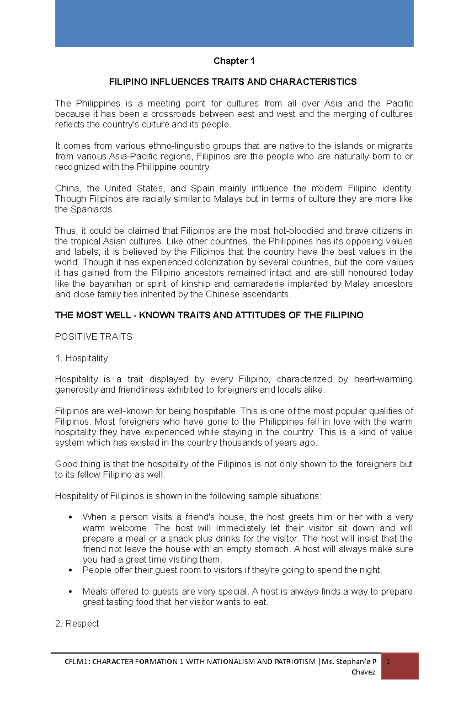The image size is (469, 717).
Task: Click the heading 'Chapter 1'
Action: [x=234, y=61]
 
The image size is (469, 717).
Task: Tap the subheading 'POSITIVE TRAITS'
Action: [x=93, y=337]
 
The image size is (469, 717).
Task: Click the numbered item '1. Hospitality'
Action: [x=81, y=358]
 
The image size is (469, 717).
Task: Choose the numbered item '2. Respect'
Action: [x=77, y=624]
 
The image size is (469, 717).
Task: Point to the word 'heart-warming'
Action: [x=383, y=379]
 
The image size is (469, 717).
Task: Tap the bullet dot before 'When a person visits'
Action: [x=71, y=518]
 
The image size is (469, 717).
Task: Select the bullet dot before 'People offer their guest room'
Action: [x=71, y=570]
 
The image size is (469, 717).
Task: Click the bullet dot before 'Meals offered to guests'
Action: [x=71, y=592]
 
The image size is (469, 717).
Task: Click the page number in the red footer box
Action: [x=388, y=662]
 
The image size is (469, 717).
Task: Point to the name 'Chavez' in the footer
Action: [x=363, y=672]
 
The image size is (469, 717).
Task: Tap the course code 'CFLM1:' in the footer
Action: [x=77, y=662]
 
